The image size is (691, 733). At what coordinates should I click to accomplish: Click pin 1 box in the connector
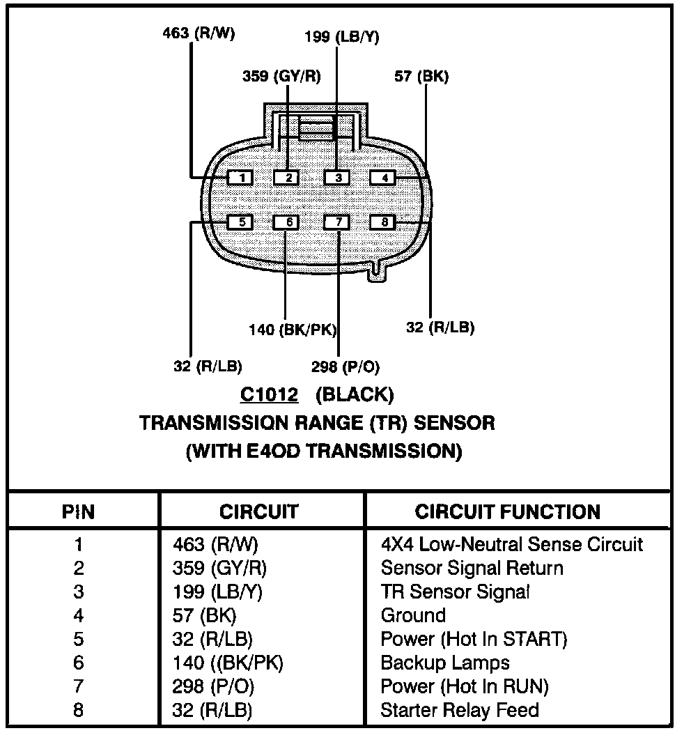[x=241, y=178]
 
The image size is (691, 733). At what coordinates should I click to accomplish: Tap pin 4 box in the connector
[x=383, y=178]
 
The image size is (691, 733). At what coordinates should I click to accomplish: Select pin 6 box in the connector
[x=287, y=222]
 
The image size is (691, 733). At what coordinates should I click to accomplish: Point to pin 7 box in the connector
[x=338, y=222]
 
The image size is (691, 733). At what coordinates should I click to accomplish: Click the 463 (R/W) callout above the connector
[x=189, y=32]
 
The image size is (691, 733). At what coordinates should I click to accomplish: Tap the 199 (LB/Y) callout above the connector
[x=342, y=37]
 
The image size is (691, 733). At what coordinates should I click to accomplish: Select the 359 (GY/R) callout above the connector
[x=281, y=76]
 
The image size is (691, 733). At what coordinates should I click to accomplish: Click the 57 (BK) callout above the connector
[x=421, y=76]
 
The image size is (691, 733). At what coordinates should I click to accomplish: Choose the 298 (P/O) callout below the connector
[x=346, y=366]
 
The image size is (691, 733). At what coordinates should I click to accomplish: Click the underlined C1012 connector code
[x=270, y=395]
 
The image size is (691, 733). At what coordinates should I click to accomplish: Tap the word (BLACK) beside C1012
[x=354, y=395]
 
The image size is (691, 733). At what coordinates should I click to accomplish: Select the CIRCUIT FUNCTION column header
[x=507, y=512]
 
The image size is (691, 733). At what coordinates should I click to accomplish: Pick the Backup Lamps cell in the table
[x=445, y=663]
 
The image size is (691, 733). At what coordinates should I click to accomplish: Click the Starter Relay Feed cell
[x=460, y=710]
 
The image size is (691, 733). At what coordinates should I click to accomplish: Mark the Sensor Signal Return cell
[x=472, y=568]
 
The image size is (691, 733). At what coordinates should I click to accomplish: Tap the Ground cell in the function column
[x=413, y=615]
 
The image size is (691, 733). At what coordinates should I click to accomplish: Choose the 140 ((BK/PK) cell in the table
[x=228, y=663]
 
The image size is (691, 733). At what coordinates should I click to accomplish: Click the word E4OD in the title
[x=271, y=451]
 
